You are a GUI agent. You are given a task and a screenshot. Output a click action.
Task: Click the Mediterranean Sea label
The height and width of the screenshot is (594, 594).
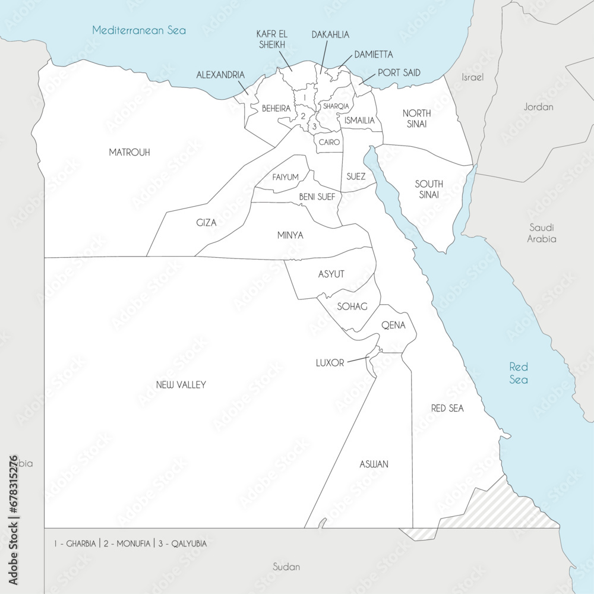(139, 30)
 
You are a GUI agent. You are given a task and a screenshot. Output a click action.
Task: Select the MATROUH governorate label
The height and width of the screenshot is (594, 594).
(129, 153)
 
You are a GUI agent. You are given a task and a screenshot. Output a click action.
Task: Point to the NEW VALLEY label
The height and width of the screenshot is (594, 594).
(181, 385)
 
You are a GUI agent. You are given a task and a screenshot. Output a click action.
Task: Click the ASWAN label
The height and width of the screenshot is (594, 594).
(374, 464)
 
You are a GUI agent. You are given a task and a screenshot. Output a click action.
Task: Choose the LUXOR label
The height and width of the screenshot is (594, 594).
(330, 362)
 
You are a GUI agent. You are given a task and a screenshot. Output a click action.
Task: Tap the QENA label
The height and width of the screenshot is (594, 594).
(393, 325)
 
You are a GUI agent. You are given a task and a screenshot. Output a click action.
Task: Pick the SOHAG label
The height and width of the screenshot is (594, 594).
(352, 307)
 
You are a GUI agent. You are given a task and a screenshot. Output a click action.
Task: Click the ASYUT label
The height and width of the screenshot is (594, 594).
(331, 273)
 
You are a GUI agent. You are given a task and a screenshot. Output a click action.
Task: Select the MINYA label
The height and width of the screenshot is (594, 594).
(290, 235)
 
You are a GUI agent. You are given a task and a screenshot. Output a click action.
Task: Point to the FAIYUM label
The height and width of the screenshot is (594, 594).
(286, 178)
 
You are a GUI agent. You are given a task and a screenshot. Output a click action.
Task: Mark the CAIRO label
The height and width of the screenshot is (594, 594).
(329, 143)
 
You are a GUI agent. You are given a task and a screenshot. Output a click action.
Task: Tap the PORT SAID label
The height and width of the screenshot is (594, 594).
(399, 73)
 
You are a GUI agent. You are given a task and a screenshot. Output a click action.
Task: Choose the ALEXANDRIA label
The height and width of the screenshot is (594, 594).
(220, 75)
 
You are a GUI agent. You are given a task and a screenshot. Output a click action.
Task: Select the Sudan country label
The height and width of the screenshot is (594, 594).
(286, 567)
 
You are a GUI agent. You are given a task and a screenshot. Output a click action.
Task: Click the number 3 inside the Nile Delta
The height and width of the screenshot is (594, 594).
(314, 125)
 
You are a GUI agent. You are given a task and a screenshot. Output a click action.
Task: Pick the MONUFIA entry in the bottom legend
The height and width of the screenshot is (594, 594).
(130, 543)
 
